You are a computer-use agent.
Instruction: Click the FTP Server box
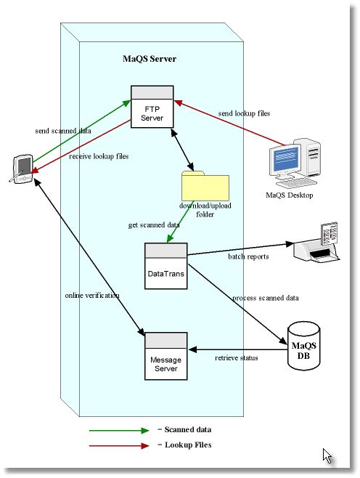[152, 107]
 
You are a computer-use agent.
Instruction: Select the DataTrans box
[166, 266]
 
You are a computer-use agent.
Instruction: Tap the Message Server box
[166, 356]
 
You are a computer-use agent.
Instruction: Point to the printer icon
[315, 244]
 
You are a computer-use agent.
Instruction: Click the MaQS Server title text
[149, 58]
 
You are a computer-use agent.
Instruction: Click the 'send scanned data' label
[63, 131]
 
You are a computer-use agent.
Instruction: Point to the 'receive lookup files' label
[99, 156]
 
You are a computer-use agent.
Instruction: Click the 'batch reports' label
[249, 256]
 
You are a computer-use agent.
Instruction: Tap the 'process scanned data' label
[266, 298]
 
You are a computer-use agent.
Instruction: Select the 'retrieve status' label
[237, 357]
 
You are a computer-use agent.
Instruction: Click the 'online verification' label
[91, 295]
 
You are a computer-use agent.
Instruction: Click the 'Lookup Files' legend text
[188, 444]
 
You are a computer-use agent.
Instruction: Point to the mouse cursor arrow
[327, 456]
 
